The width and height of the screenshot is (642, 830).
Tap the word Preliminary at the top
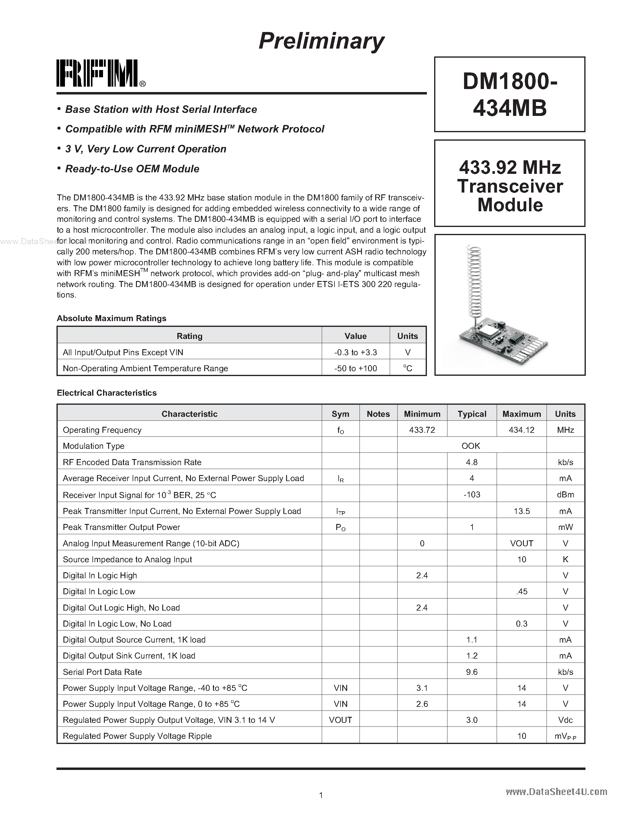tap(321, 41)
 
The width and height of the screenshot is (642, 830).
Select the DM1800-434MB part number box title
tap(510, 94)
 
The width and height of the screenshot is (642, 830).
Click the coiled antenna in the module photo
tap(474, 281)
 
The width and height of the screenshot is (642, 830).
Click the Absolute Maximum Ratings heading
tap(111, 318)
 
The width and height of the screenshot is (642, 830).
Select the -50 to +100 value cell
tap(356, 368)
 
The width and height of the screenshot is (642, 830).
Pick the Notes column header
tap(378, 414)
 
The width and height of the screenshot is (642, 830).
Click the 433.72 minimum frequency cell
tap(422, 430)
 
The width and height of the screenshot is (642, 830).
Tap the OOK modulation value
tap(471, 446)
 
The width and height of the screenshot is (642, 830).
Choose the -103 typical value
tap(472, 494)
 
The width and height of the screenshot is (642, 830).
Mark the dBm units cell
tap(565, 494)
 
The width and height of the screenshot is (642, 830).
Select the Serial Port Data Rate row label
tap(102, 672)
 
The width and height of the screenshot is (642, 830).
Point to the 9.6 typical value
tap(472, 672)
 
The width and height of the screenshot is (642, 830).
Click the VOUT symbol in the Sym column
tap(340, 720)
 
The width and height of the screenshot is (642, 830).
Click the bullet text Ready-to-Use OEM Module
tap(132, 169)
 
